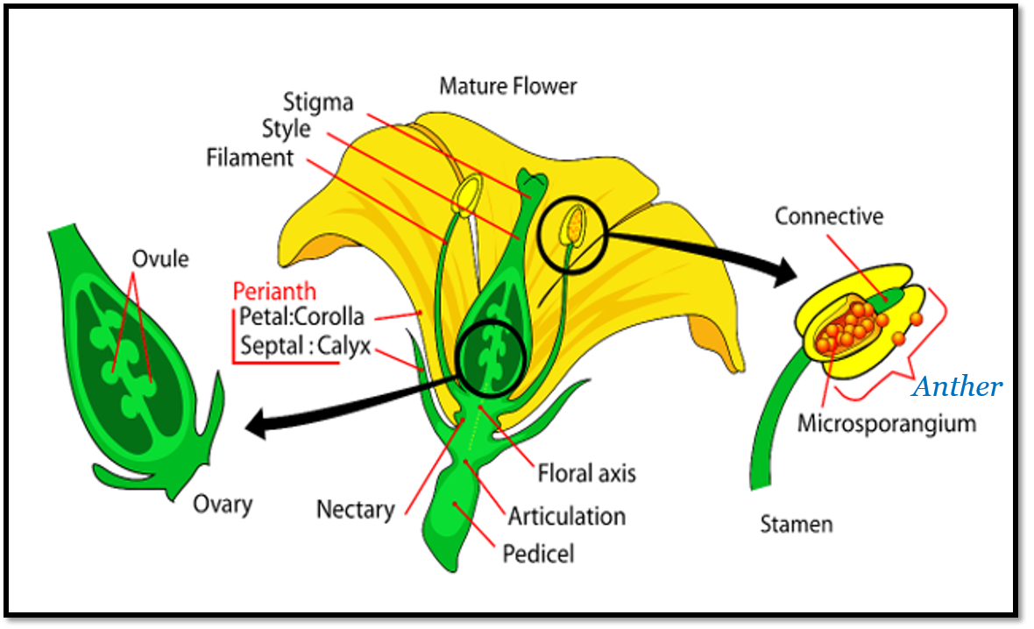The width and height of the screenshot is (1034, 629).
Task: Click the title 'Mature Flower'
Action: tap(508, 86)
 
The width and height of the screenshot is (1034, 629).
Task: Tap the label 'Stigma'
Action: tap(317, 102)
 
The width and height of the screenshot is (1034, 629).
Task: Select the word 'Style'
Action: tap(286, 129)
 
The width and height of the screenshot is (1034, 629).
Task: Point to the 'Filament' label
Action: tap(250, 158)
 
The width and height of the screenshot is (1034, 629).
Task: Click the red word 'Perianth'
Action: tap(274, 292)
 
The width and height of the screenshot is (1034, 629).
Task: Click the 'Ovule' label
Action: tap(160, 258)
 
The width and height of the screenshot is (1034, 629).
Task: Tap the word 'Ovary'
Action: tap(223, 504)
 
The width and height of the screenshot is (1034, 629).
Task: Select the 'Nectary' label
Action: tap(355, 508)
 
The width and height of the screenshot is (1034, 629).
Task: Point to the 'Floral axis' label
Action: tap(586, 474)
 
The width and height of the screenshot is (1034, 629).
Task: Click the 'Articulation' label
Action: tap(567, 516)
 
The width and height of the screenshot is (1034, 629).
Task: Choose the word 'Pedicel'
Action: tap(538, 554)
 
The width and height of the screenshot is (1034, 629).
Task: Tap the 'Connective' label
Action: tap(828, 216)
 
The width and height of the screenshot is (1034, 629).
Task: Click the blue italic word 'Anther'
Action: tap(957, 386)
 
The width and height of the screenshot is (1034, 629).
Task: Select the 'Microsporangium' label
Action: tap(886, 424)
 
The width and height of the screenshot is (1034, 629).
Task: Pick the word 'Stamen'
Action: tap(796, 525)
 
